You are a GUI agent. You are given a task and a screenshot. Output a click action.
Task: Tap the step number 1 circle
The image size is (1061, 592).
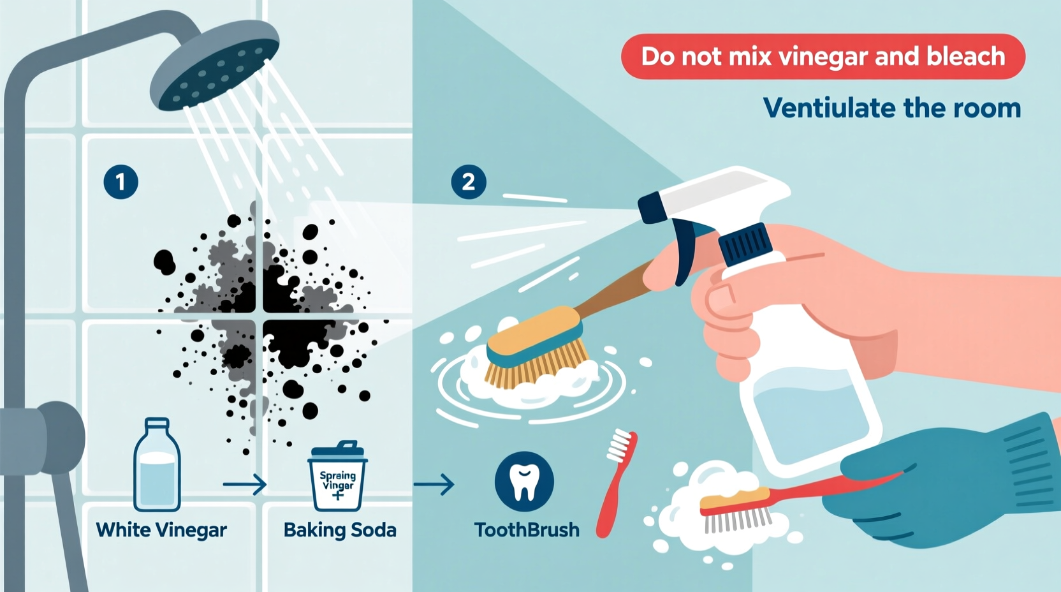(x=121, y=182)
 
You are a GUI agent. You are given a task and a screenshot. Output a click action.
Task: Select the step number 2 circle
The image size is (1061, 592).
(x=469, y=182)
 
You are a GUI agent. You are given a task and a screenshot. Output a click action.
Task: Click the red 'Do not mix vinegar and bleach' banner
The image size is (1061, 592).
(x=823, y=57)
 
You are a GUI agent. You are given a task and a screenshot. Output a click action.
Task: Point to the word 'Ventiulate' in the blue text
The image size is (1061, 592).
(x=829, y=108)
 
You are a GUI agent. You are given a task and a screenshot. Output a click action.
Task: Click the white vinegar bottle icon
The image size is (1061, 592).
(x=157, y=465)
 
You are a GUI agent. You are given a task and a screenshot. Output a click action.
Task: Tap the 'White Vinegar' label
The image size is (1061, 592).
(x=161, y=530)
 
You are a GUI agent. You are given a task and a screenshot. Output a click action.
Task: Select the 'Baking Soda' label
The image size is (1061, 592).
(x=340, y=530)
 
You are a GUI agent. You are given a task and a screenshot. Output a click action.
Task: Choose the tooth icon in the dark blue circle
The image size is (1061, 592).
(x=524, y=482)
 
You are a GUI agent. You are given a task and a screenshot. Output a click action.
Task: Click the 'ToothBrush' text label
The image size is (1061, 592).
(x=527, y=530)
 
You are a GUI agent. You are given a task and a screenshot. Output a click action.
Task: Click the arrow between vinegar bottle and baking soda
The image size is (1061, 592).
(x=245, y=485)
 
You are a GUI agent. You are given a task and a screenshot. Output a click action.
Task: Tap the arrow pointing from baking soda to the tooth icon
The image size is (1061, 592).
(x=434, y=485)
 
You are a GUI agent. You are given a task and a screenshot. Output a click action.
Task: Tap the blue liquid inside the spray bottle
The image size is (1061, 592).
(x=810, y=415)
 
